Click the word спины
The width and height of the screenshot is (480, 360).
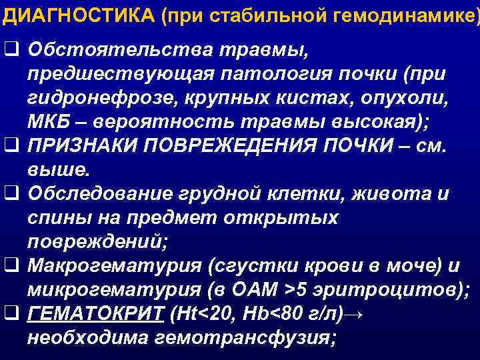[x=57, y=217]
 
